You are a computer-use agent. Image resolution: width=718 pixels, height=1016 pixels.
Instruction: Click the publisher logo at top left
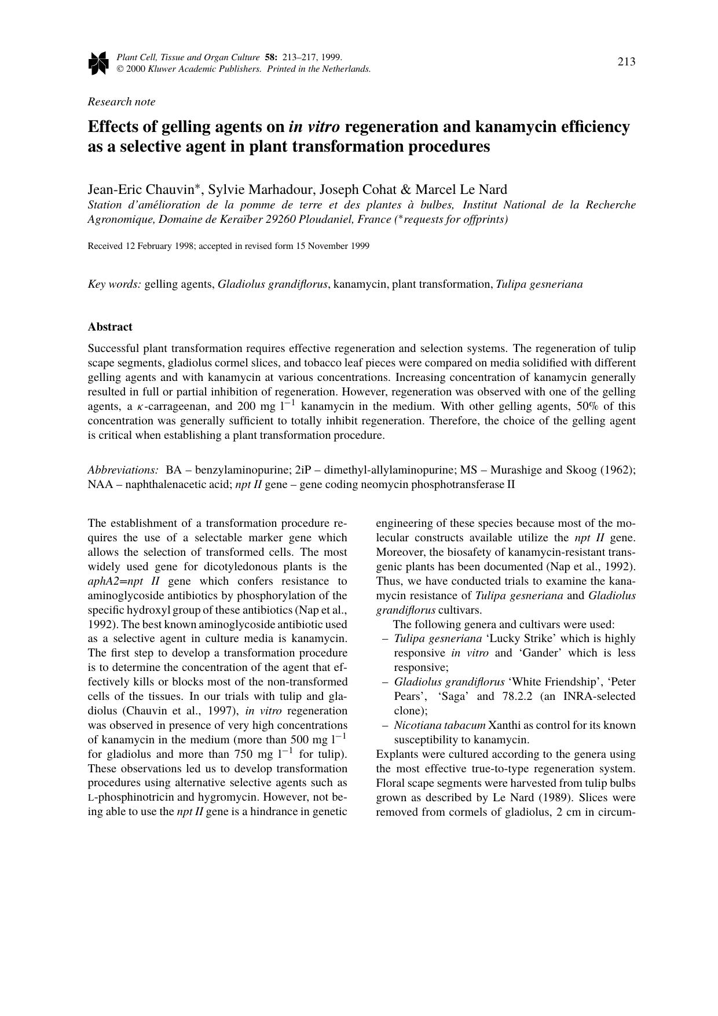[98, 63]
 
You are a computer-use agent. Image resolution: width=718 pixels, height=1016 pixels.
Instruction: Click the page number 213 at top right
[627, 62]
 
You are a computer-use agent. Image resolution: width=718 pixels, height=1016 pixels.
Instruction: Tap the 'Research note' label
[122, 102]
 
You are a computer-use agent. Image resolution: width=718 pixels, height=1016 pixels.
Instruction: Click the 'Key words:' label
[114, 284]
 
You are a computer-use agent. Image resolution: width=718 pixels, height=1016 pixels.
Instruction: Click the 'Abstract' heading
[110, 327]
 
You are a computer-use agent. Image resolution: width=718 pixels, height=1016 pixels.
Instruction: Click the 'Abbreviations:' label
[123, 470]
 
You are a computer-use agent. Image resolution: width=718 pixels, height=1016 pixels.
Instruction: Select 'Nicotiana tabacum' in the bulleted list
[439, 725]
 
